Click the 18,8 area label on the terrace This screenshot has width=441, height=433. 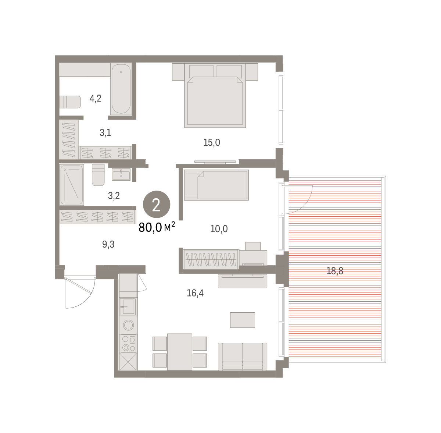[334, 271]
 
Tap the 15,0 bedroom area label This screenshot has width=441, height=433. [212, 142]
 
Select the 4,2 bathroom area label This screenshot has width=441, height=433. [95, 99]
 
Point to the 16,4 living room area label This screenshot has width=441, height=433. [195, 293]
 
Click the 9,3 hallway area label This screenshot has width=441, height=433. [108, 244]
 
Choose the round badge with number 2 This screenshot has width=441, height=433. [157, 204]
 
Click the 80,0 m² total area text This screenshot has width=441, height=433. [157, 227]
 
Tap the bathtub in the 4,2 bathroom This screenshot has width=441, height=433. [121, 89]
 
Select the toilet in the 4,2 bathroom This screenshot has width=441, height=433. [70, 102]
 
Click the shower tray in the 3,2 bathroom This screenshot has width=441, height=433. [72, 185]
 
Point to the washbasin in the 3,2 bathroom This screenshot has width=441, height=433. [121, 175]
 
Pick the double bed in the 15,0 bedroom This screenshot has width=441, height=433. [215, 96]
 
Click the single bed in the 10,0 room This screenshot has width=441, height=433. [216, 185]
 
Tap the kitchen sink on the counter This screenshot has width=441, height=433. [128, 307]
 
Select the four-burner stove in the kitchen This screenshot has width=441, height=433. [128, 344]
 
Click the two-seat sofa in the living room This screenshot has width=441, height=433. [243, 357]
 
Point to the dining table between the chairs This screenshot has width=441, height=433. [180, 352]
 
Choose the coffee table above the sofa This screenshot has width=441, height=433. [243, 320]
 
